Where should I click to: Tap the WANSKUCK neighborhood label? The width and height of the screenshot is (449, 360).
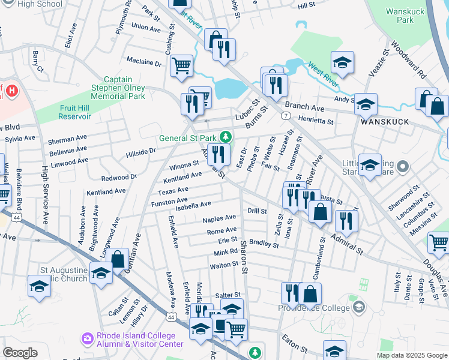[x=385, y=122]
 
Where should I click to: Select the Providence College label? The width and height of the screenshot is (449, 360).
[x=313, y=308]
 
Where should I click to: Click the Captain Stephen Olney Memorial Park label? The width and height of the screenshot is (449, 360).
[x=125, y=88]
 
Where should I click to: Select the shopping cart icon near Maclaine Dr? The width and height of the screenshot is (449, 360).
[x=181, y=65]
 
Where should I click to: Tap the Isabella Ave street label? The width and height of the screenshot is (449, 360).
[x=193, y=205]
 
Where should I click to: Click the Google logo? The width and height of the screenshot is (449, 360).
[x=20, y=352]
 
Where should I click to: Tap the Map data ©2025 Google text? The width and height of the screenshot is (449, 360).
[x=411, y=355]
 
